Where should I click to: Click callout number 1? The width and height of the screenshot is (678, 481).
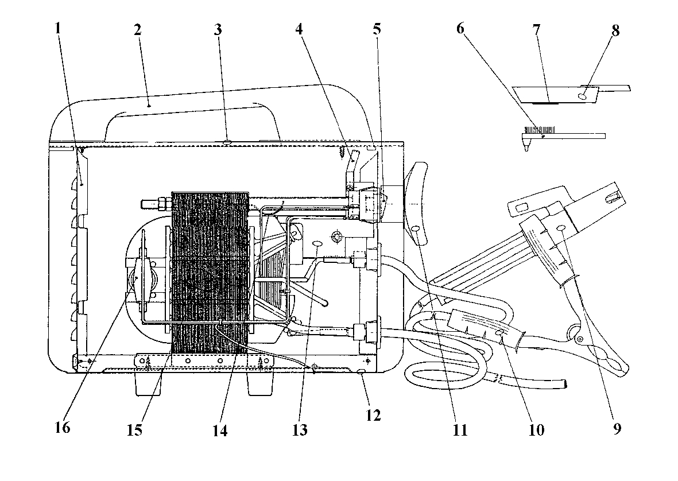click(x=57, y=29)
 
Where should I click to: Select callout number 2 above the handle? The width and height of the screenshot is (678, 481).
click(x=138, y=30)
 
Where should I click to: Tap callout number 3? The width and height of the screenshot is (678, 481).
click(x=218, y=30)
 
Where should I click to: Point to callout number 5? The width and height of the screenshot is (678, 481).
click(x=377, y=29)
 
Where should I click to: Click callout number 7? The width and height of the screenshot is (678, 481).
click(x=536, y=30)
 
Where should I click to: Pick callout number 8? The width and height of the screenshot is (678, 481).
click(x=615, y=30)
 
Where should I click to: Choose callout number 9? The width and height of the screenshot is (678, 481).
click(x=617, y=429)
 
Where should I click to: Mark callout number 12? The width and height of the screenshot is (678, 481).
click(x=373, y=416)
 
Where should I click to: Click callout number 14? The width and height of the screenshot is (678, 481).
click(x=220, y=430)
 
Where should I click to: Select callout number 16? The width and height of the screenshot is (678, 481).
click(x=62, y=428)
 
